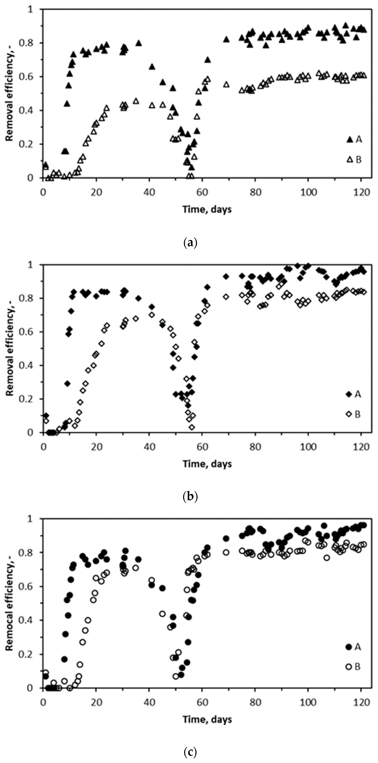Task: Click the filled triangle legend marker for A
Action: (350, 140)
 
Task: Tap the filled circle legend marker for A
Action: (349, 647)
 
